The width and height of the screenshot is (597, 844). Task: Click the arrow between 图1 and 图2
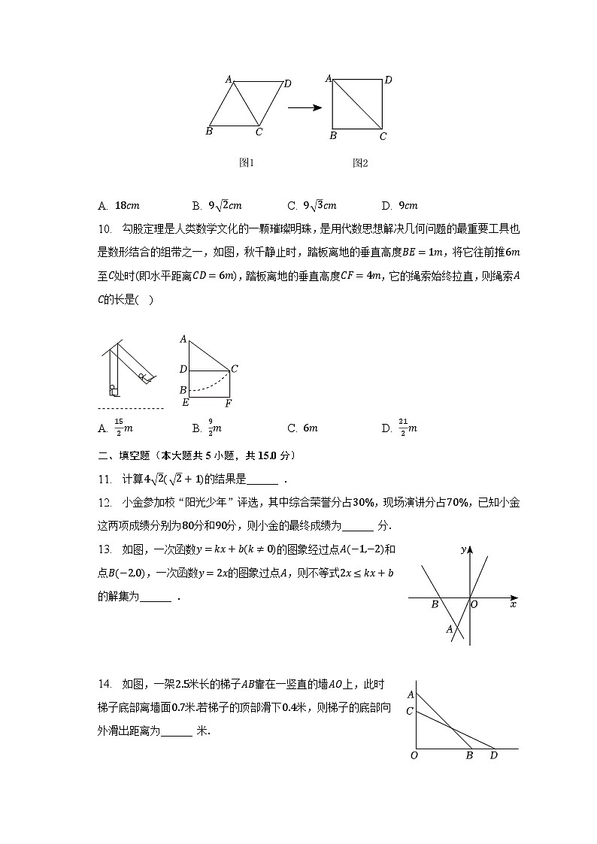click(305, 107)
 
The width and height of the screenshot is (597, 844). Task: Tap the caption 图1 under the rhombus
click(246, 162)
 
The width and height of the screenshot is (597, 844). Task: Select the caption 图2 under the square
click(360, 162)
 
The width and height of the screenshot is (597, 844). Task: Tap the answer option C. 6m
click(302, 428)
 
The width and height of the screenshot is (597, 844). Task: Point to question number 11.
click(105, 479)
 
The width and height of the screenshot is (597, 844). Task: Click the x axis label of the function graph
click(513, 604)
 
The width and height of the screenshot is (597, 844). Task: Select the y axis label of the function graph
click(464, 550)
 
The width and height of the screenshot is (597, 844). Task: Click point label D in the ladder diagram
click(494, 755)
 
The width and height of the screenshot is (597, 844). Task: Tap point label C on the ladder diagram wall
click(409, 711)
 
